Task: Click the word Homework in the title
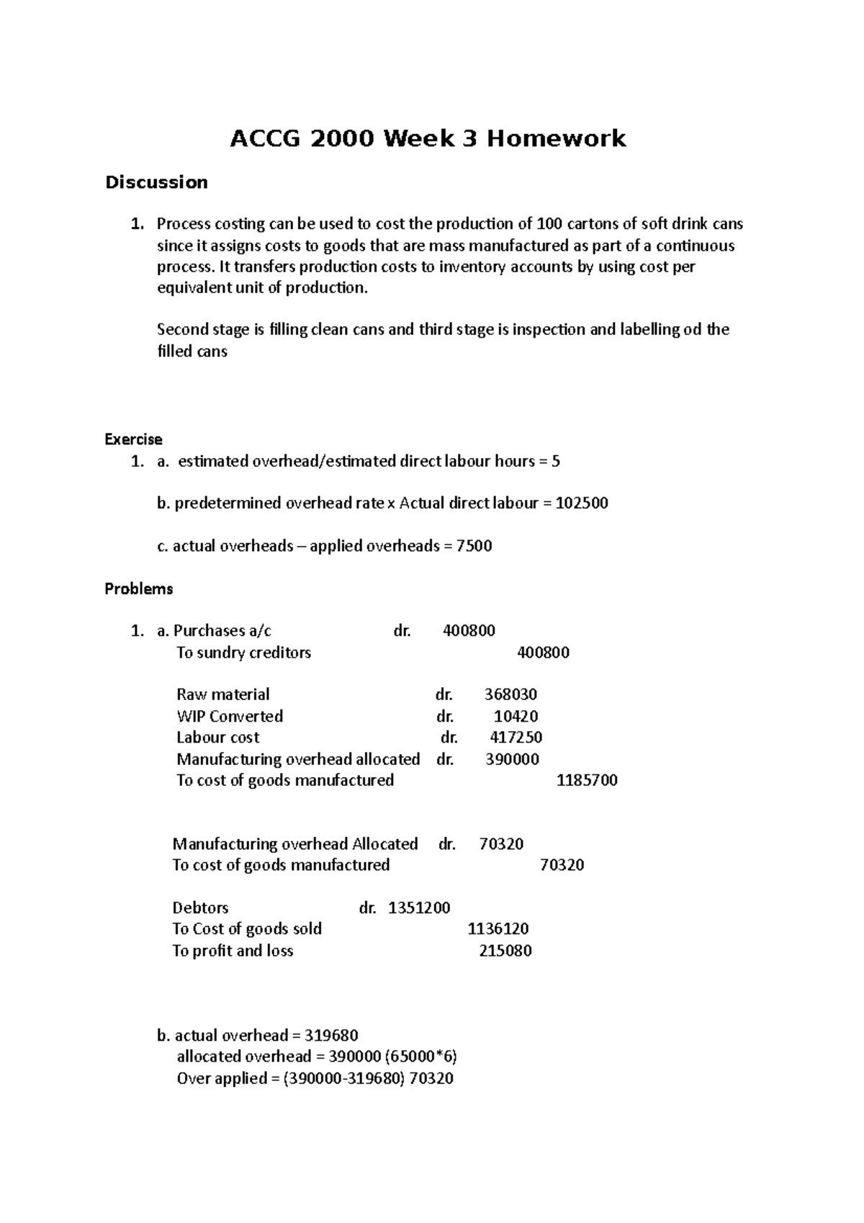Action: (556, 138)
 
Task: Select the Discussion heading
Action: (156, 182)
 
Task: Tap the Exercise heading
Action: (133, 439)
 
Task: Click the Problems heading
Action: (139, 589)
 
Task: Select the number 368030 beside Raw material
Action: (510, 695)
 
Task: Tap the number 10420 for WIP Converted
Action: (516, 717)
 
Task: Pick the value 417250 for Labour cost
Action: (516, 738)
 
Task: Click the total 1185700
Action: (587, 781)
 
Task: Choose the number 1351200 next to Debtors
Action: (419, 908)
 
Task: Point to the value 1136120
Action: (498, 929)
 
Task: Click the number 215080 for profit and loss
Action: (505, 951)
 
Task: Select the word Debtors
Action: (200, 908)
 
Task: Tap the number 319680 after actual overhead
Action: (331, 1036)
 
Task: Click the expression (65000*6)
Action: (421, 1057)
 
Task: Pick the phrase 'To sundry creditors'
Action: (243, 653)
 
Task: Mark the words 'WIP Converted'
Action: (230, 717)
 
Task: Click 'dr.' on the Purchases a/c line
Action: (402, 631)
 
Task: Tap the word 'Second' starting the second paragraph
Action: (181, 330)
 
